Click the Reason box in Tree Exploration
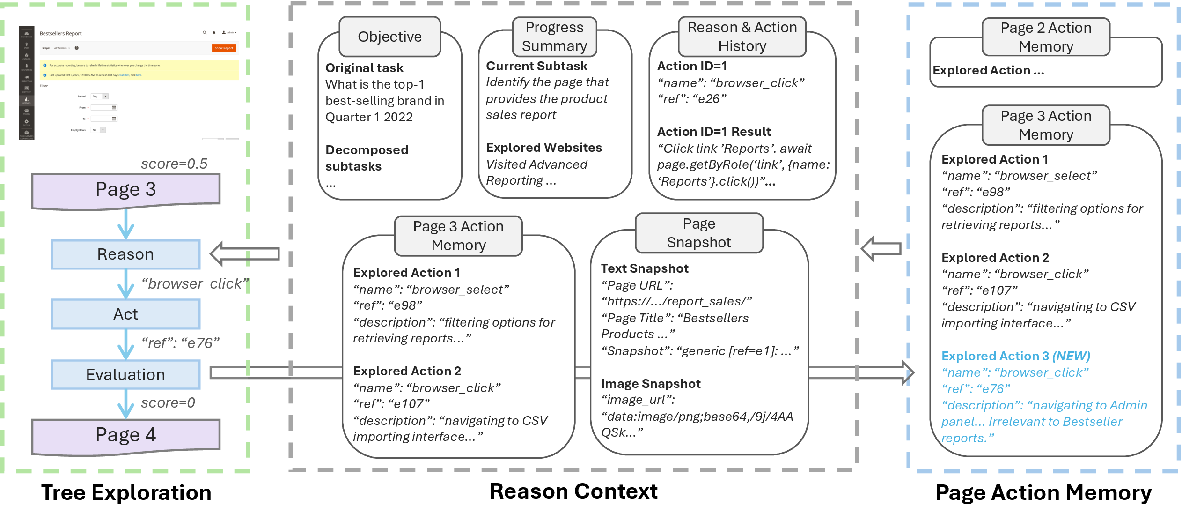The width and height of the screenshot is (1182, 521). click(125, 254)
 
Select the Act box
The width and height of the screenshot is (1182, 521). click(125, 314)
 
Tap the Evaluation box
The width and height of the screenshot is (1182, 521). click(125, 374)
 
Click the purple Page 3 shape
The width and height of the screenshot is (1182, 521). click(125, 190)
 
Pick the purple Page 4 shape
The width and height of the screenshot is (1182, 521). click(125, 435)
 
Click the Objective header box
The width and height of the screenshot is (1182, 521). click(389, 37)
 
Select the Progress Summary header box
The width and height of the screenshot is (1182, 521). click(554, 37)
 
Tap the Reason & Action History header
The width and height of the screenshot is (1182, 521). click(742, 37)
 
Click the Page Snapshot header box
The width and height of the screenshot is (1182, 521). click(698, 233)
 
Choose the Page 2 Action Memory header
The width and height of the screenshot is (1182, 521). click(1045, 37)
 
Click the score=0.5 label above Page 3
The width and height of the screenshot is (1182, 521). click(174, 164)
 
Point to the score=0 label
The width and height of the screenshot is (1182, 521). click(168, 402)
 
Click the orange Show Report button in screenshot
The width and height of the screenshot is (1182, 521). click(224, 48)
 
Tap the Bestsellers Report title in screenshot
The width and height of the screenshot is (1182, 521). click(61, 34)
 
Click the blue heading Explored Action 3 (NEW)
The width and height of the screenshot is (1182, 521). click(1015, 356)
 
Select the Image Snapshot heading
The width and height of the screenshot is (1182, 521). click(651, 384)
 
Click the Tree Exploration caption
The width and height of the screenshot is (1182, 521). click(126, 493)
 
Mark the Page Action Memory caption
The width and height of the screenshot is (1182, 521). click(1043, 493)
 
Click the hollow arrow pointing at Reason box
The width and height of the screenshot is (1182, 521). click(245, 254)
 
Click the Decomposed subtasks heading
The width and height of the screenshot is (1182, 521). click(367, 158)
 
